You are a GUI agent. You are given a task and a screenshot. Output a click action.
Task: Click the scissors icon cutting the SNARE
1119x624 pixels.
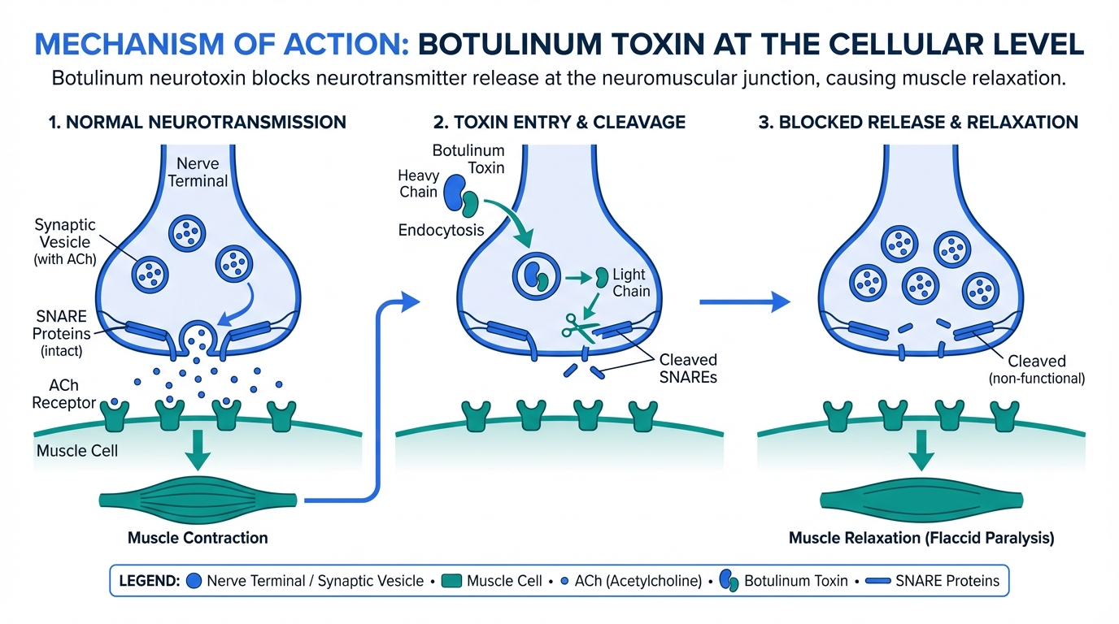point(578,327)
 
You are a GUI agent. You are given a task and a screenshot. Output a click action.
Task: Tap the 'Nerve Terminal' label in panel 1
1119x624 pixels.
point(198,172)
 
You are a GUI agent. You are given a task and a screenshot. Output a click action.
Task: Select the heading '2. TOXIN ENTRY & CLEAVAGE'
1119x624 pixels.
point(559,123)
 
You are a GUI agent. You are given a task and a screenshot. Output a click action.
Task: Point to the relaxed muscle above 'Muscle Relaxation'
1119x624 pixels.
point(921,498)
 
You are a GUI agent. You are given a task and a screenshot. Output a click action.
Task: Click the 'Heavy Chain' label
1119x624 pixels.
point(418,184)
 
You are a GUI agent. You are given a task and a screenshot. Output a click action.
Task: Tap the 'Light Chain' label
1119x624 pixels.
point(631,283)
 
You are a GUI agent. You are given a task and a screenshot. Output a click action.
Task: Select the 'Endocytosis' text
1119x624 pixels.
point(441,230)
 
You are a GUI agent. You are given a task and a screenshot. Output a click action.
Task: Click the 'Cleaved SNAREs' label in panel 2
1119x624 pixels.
point(688,368)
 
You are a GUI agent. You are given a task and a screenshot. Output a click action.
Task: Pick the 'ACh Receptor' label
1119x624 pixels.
point(64,395)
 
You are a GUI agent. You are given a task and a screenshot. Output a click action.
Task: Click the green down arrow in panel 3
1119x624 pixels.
point(921,452)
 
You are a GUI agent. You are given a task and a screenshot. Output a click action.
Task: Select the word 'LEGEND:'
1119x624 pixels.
point(149,581)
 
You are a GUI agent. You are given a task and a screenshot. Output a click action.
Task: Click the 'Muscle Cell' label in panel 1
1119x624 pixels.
point(77,449)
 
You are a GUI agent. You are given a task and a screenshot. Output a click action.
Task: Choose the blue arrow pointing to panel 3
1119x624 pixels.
point(745,301)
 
